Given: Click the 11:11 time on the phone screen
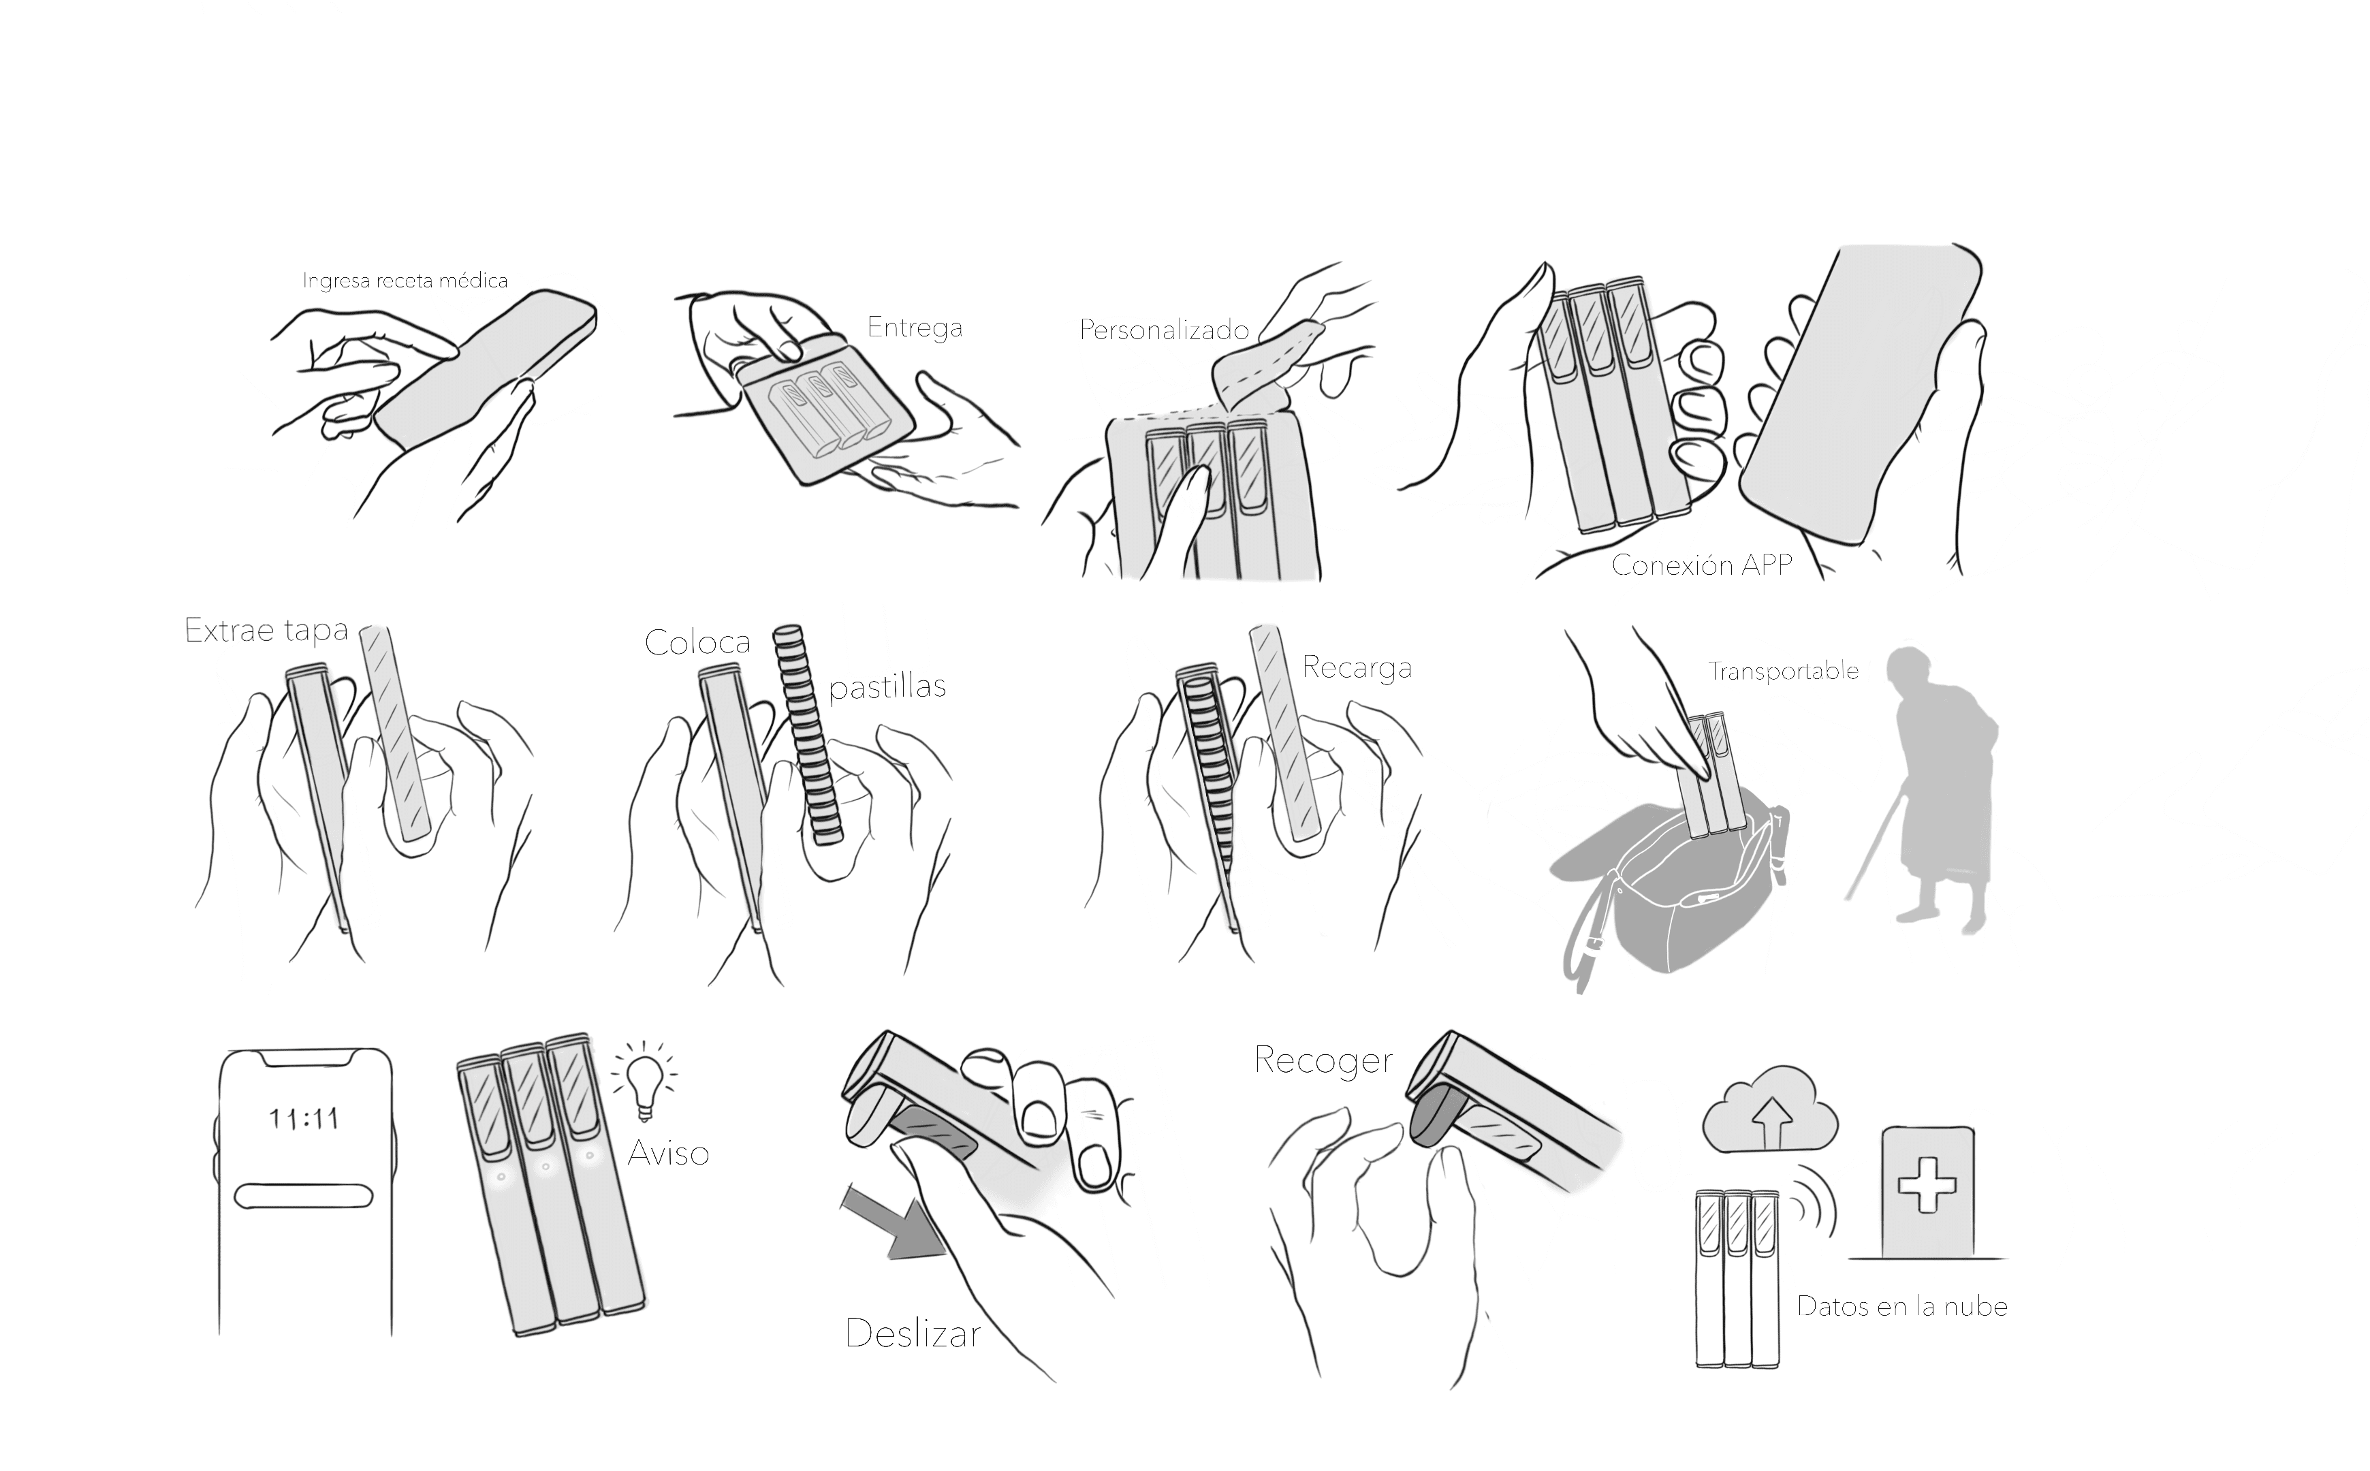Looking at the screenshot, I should [x=304, y=1119].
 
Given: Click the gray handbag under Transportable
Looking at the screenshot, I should [x=1673, y=895].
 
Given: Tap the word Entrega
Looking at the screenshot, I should [x=915, y=327].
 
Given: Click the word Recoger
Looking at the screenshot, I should [x=1322, y=1060].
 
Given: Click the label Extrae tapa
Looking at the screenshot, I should [x=266, y=631].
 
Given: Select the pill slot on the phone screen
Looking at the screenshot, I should [x=304, y=1196].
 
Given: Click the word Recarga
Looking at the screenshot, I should [x=1356, y=667].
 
